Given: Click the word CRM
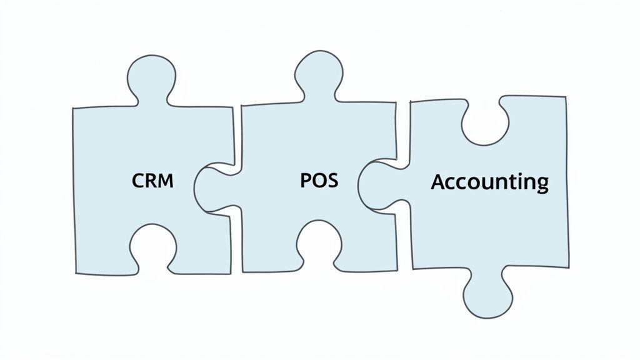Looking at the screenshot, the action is [153, 181].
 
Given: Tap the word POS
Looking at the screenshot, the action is [319, 180].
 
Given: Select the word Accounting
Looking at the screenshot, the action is [490, 182].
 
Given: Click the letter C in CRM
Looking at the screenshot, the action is [139, 181].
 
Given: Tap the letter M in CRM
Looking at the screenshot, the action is [167, 181].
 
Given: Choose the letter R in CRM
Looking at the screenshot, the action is [152, 181].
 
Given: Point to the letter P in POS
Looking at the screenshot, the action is [306, 180].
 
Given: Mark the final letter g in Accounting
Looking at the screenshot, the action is [541, 184].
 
